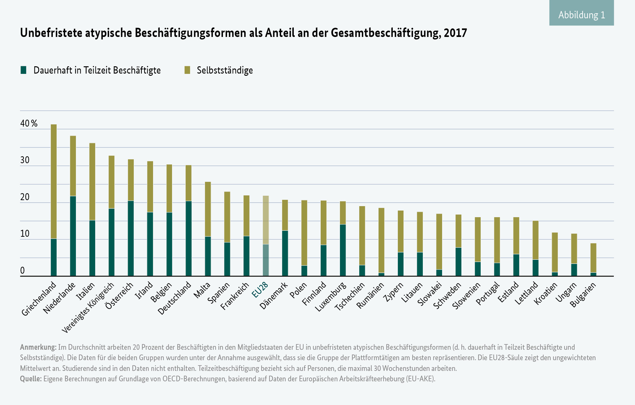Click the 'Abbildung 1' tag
[581, 15]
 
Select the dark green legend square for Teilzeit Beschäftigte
[23, 70]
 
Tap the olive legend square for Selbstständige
[187, 70]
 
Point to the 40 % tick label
[29, 123]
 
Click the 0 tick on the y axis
[22, 271]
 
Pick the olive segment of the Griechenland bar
[54, 182]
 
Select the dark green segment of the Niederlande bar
[73, 236]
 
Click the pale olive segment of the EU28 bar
[266, 220]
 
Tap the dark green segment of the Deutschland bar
[188, 238]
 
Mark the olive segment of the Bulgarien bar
[593, 258]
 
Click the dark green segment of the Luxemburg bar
[343, 250]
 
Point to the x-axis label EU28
[260, 290]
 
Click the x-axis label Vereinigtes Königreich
[88, 308]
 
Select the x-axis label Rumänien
[370, 295]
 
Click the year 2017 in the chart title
[455, 33]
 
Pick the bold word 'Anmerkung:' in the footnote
[38, 347]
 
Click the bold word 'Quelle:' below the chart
[31, 378]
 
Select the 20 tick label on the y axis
[25, 197]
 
